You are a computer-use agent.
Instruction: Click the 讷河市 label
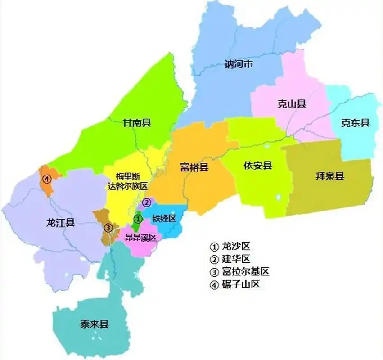239,64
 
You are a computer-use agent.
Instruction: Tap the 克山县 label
292,104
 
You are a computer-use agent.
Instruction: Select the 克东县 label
355,123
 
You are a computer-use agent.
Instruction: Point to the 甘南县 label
137,122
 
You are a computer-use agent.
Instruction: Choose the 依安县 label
258,166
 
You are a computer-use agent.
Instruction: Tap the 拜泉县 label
330,176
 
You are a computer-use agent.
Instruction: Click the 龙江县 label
60,222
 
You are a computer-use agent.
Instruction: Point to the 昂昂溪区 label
140,238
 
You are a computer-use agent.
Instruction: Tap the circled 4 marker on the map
46,179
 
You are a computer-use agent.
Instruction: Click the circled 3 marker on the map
108,227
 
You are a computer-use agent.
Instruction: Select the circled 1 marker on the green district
139,219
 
